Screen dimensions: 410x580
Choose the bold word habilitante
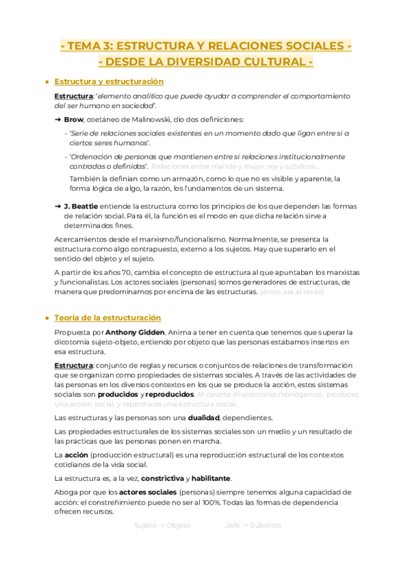click(x=212, y=477)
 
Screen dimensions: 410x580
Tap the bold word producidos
click(x=117, y=395)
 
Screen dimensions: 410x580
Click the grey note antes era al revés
click(x=292, y=292)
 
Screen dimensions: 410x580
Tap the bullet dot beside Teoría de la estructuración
click(x=47, y=318)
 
